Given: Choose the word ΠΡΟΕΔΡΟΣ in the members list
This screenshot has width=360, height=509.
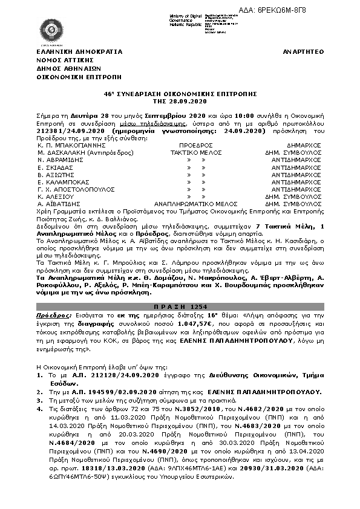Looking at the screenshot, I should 196,146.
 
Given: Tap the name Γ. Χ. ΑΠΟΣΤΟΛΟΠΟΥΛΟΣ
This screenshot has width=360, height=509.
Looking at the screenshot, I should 76,189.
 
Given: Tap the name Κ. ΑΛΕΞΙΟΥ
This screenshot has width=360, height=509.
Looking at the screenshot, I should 57,197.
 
